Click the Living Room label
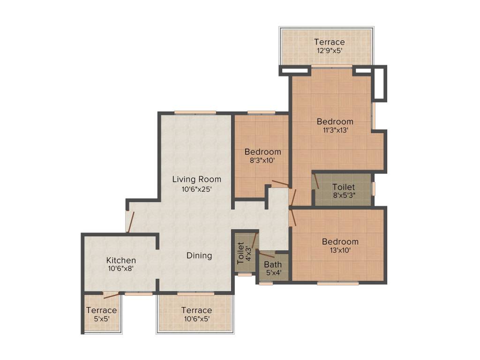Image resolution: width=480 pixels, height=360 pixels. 196,179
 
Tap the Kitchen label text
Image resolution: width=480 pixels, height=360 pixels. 121,260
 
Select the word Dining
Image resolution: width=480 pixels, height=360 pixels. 199,255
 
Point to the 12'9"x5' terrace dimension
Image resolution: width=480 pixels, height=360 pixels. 329,51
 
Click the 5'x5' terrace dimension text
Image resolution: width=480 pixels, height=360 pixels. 101,319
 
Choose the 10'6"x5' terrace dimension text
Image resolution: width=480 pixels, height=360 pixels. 196,319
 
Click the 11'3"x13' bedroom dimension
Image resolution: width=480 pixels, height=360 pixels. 335,130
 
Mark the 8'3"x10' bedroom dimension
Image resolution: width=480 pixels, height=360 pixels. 262,160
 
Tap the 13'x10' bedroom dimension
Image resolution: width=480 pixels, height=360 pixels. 340,250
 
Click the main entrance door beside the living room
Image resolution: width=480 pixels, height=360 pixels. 131,222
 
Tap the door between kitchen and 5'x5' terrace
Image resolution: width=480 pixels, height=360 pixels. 111,295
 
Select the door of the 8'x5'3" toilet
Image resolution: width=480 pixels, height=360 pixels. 316,181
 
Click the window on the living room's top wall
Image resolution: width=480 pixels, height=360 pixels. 195,112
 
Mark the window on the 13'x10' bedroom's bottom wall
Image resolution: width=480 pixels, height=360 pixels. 338,283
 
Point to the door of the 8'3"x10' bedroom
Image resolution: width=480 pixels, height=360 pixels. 280,183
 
